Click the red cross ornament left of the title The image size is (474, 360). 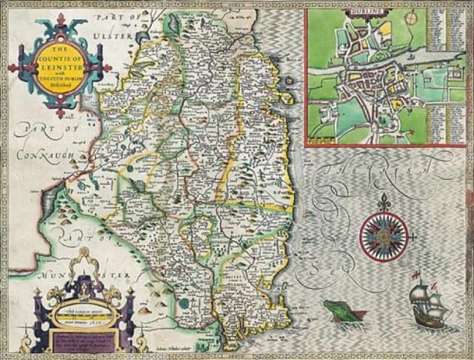click(x=12, y=68)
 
